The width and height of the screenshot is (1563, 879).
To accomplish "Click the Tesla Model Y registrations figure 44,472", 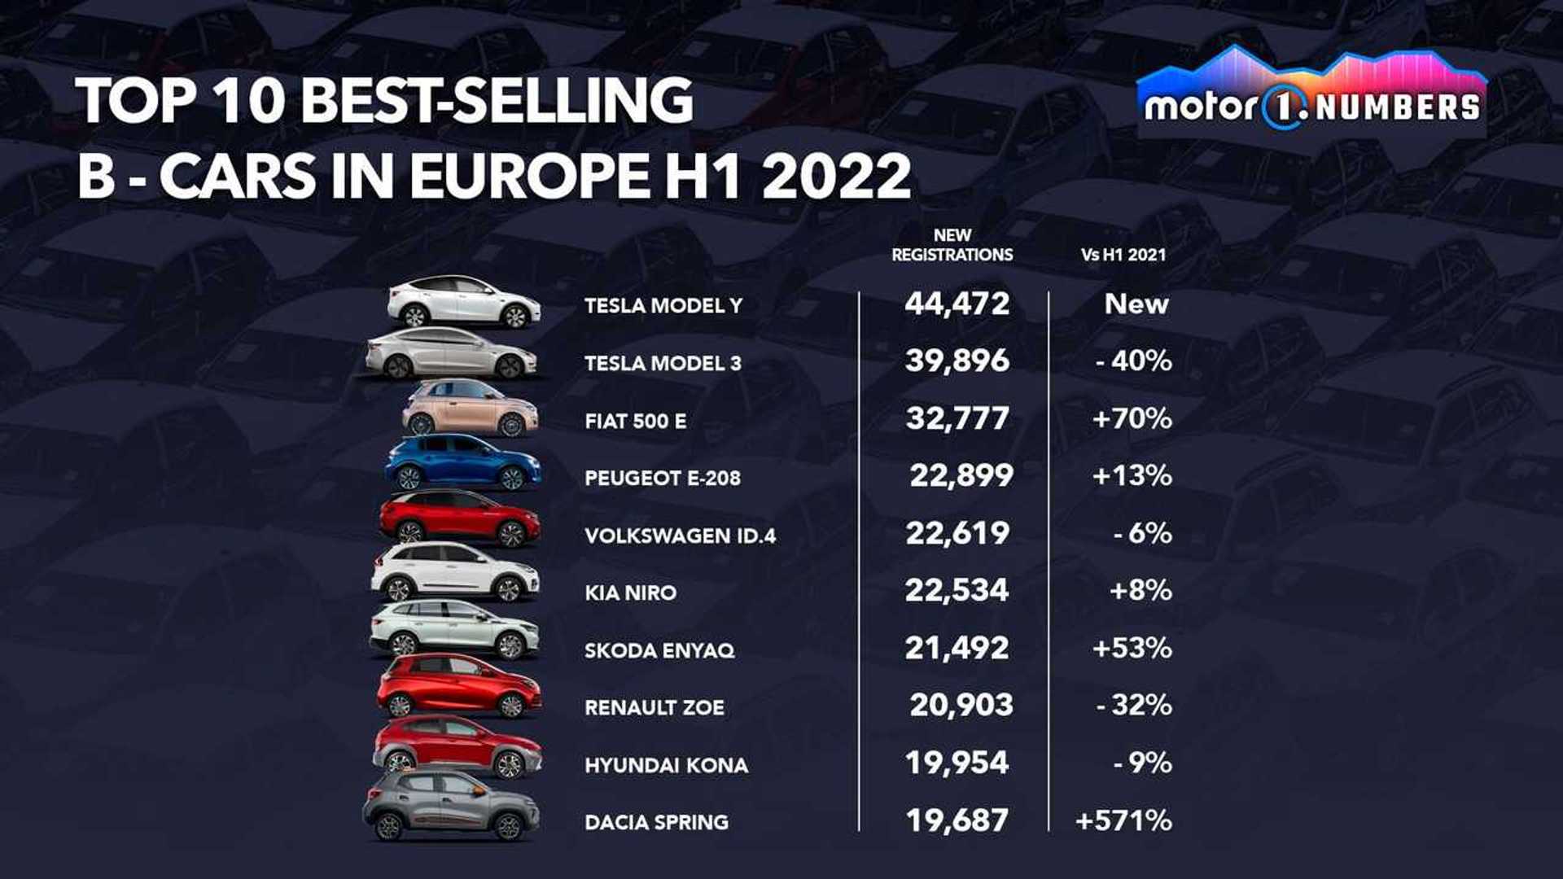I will coord(957,304).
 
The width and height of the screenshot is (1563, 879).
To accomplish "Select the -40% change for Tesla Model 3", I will coord(1133,361).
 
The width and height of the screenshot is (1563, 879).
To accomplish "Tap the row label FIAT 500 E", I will coord(635,421).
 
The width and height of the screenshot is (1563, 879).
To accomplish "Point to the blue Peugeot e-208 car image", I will coord(462,462).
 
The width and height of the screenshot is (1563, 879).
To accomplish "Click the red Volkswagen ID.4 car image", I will coord(460,518).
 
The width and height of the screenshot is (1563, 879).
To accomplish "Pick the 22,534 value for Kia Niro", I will coord(957,590).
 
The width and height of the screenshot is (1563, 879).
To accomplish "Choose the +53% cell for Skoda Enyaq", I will coord(1132,648).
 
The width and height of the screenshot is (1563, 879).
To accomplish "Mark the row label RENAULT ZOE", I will coord(654,707).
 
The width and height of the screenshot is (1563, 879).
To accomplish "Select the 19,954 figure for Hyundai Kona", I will coord(957,763).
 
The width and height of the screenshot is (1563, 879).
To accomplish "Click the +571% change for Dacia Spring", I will coord(1123,820).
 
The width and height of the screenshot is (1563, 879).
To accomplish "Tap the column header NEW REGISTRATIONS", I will coord(952,245).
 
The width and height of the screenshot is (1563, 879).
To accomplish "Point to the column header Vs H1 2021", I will coord(1123,255).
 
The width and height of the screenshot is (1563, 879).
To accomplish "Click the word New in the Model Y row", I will coord(1136,304).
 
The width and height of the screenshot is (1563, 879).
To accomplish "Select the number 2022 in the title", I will coord(836,176).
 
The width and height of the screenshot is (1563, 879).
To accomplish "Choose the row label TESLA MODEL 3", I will coord(663,363).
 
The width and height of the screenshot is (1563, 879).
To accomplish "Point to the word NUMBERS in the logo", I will coord(1398,107).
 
